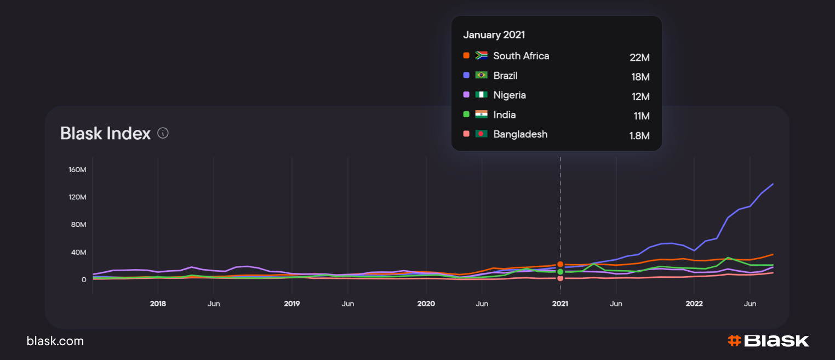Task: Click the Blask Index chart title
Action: [105, 133]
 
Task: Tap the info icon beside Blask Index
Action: [163, 133]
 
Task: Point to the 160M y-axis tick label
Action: [77, 169]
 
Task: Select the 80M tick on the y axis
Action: [77, 225]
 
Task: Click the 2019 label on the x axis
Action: [292, 304]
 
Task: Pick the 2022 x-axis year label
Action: [694, 304]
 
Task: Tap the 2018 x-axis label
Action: [158, 304]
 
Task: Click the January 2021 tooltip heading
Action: [494, 35]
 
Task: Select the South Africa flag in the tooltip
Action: [482, 55]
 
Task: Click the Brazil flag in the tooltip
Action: [482, 75]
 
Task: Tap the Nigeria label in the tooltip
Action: [510, 95]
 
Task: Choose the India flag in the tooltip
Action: [482, 115]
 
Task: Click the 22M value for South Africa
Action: [639, 57]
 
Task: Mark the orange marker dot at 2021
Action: [560, 265]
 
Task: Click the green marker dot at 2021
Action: [560, 272]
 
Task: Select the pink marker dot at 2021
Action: [560, 278]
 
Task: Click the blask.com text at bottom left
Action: [55, 341]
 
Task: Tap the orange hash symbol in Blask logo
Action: [734, 341]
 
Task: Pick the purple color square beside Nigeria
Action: [466, 95]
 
